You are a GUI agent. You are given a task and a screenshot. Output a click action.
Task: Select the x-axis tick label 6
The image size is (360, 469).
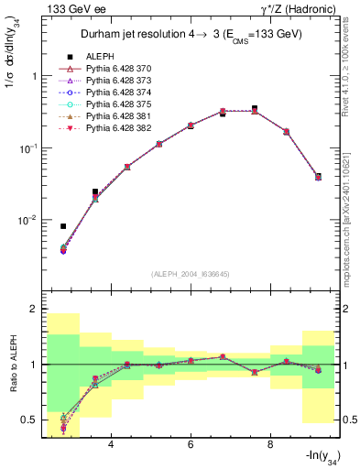click(x=191, y=446)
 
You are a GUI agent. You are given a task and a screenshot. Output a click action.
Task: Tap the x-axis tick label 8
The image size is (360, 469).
click(x=270, y=446)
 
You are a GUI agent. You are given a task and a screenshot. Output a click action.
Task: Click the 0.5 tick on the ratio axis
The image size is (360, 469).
click(x=31, y=420)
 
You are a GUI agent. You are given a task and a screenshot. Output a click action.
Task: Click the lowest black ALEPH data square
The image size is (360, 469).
click(x=63, y=226)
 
